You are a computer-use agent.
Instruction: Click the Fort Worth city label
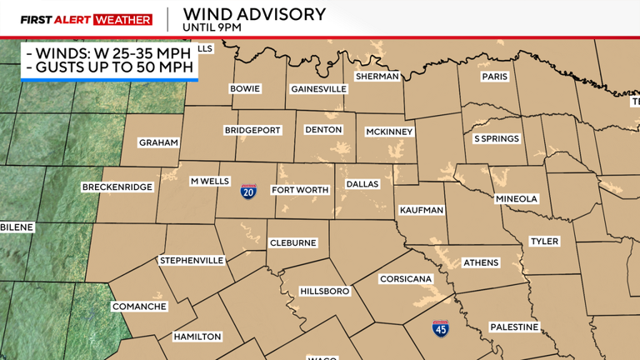click(x=300, y=190)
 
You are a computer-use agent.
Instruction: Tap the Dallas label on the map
click(x=362, y=184)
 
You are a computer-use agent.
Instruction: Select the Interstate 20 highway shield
click(x=248, y=192)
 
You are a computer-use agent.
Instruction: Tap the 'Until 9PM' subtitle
click(x=212, y=27)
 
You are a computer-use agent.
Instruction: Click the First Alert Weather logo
click(x=86, y=19)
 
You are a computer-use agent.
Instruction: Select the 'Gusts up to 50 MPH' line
click(x=109, y=67)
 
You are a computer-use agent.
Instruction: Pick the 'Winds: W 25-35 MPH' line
click(x=109, y=53)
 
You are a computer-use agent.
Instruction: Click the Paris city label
click(x=494, y=77)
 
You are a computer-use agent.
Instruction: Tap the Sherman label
click(x=377, y=76)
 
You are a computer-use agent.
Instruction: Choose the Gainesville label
click(x=318, y=88)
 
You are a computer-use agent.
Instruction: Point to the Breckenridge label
click(x=117, y=187)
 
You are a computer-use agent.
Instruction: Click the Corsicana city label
click(x=406, y=279)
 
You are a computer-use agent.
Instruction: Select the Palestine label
click(x=514, y=327)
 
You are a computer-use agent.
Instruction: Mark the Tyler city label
click(x=544, y=242)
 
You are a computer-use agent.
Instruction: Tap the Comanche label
click(x=139, y=307)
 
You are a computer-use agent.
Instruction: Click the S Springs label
click(x=497, y=138)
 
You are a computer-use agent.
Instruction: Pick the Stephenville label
click(x=192, y=260)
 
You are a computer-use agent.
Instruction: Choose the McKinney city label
click(x=390, y=132)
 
